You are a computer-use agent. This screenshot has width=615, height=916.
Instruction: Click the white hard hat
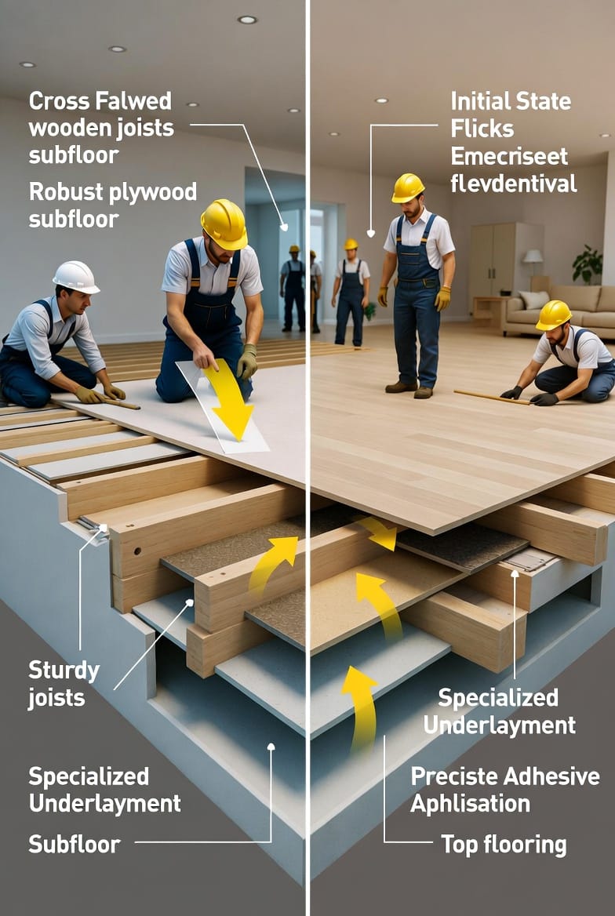76,277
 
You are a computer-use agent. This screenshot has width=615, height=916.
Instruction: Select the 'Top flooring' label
504,845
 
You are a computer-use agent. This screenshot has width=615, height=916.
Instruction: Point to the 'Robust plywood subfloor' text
113,205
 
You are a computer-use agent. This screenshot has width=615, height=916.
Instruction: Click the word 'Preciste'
453,776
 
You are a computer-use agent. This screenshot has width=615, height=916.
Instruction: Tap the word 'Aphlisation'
470,804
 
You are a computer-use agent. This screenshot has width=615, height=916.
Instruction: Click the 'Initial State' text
511,101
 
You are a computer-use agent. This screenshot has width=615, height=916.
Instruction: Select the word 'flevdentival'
513,184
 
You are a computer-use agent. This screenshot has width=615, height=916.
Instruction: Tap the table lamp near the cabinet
533,261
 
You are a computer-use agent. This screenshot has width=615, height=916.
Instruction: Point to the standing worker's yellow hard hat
407,187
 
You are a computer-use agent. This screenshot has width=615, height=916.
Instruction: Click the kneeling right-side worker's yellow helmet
553,315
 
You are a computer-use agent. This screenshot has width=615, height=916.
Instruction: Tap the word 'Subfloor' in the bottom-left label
75,844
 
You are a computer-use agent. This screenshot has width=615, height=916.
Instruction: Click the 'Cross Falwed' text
100,101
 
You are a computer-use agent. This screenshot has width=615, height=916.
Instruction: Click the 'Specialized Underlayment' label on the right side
499,711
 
